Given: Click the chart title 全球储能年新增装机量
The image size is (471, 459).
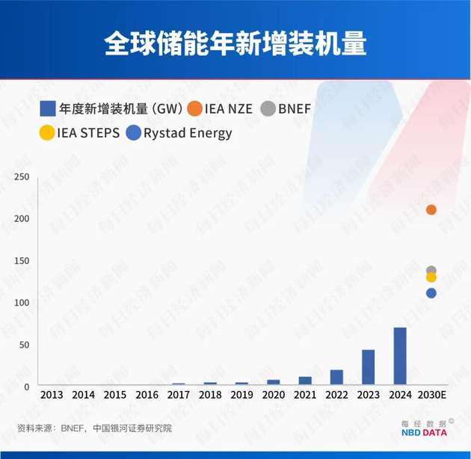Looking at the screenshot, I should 235,43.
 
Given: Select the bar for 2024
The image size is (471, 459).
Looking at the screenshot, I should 400,357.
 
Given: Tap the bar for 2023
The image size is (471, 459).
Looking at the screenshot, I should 368,367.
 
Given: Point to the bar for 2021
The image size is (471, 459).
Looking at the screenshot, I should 304,381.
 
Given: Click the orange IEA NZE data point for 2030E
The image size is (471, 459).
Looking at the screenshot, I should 431,209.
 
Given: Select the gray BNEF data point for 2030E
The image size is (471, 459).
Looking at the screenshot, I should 431,271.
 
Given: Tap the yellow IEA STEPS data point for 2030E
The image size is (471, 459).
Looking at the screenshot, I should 431,277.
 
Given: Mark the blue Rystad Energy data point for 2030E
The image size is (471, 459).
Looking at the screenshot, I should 431,293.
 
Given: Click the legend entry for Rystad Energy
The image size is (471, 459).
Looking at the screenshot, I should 179,133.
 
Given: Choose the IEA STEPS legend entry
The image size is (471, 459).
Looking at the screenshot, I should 80,133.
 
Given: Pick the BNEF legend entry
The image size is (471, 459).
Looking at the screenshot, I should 286,108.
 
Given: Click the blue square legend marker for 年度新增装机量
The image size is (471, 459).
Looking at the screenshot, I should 47,108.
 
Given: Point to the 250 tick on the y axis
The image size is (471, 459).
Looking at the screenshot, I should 21,176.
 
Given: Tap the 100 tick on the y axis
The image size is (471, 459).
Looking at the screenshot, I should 21,302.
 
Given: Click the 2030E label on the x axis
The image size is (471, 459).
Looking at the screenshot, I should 431,395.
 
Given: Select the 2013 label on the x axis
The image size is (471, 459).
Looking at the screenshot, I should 52,395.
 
